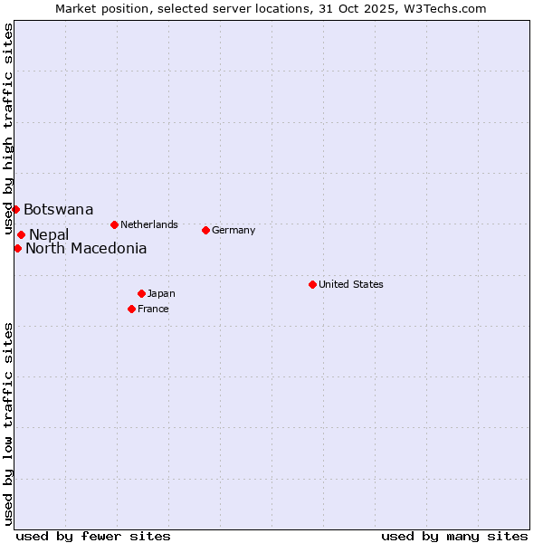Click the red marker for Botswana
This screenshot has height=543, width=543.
(15, 209)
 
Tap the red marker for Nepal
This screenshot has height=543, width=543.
(21, 234)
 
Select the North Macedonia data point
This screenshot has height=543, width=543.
(17, 248)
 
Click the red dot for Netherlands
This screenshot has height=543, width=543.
(114, 224)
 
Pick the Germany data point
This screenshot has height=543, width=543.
(205, 230)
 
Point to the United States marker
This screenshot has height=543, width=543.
(312, 284)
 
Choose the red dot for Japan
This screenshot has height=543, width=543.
(141, 293)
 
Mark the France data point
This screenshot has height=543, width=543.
(131, 309)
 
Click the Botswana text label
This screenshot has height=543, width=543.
(58, 210)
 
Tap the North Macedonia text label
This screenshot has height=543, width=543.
(86, 249)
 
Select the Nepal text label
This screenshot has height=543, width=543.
(49, 235)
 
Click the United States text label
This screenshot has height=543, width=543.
(351, 284)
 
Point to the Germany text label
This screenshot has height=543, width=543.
(233, 230)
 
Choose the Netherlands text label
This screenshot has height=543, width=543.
(149, 224)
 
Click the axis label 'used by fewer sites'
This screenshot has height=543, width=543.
(93, 536)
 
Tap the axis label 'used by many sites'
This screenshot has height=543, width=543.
(454, 536)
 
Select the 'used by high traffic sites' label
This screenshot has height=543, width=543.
(8, 129)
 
